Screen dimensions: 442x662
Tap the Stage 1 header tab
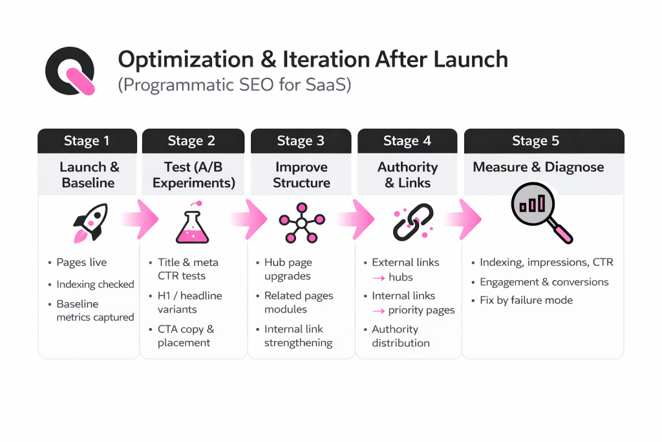[87, 141]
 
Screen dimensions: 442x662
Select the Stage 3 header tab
[301, 141]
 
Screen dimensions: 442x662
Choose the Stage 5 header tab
[544, 141]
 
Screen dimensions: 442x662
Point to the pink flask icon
[193, 223]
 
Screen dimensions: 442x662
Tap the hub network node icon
[301, 222]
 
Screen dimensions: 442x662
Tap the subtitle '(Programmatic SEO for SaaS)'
[234, 85]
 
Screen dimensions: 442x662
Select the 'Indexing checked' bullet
[95, 284]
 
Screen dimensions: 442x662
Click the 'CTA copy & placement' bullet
[185, 336]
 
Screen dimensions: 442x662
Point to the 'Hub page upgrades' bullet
[288, 269]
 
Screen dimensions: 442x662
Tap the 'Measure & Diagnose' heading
[539, 167]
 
